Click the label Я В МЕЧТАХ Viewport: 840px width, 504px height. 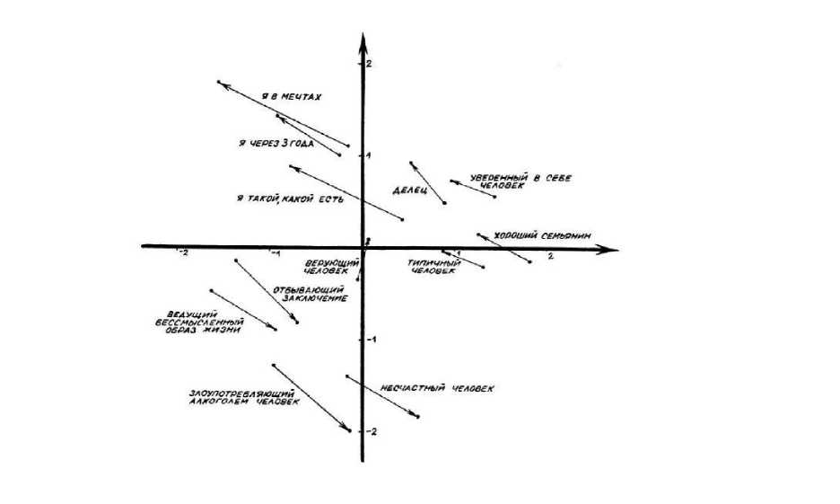tap(291, 96)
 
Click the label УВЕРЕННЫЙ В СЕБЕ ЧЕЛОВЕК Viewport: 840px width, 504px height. tap(511, 181)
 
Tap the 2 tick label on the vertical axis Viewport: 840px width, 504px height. tap(368, 64)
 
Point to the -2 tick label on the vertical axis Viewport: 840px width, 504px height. tap(371, 431)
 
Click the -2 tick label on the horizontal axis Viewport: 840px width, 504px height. tap(182, 253)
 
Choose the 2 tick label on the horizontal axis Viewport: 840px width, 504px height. tap(551, 257)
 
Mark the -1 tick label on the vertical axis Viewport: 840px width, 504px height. tap(371, 340)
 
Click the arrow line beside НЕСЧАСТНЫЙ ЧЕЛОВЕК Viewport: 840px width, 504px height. tap(383, 396)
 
